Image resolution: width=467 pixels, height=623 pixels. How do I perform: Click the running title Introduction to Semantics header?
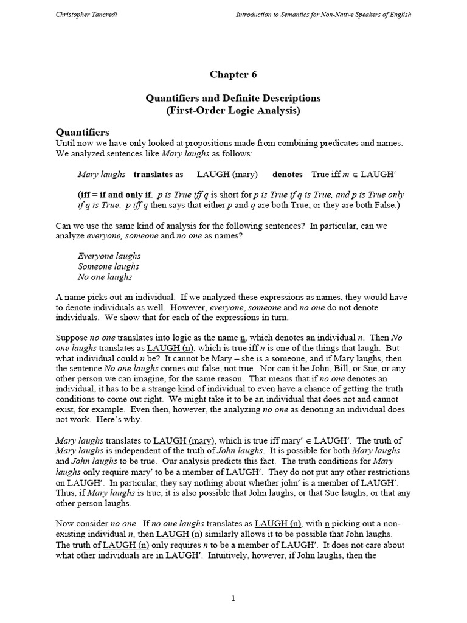click(323, 15)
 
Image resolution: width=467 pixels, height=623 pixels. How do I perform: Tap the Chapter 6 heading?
click(233, 74)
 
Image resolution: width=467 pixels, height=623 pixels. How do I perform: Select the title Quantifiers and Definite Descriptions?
click(233, 98)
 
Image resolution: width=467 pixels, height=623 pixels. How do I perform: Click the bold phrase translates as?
click(158, 174)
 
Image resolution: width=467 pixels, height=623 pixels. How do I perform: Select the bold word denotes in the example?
click(287, 174)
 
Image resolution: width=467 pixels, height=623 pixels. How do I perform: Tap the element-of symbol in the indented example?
click(356, 175)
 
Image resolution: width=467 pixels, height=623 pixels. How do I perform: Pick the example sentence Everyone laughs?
click(109, 256)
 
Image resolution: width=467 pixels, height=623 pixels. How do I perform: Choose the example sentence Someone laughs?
click(108, 266)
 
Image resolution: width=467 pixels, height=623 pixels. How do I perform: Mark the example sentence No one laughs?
click(105, 277)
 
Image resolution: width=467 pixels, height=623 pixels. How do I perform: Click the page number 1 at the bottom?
click(233, 599)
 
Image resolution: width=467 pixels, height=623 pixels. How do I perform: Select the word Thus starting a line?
click(65, 493)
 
